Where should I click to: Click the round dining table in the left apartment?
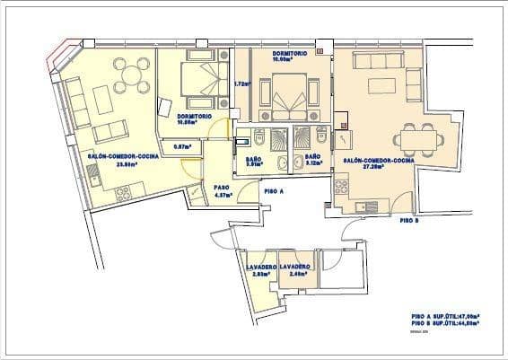click(131, 75)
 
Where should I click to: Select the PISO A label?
click(274, 191)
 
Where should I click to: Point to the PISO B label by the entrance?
click(408, 220)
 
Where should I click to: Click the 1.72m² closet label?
click(241, 84)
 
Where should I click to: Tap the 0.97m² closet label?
click(182, 145)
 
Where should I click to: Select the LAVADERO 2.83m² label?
click(261, 270)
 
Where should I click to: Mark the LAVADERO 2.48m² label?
click(294, 270)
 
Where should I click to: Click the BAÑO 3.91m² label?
click(253, 162)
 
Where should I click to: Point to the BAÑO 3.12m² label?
click(313, 162)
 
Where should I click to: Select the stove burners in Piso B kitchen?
click(341, 187)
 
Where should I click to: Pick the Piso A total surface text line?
click(444, 316)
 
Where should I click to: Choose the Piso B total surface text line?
click(444, 323)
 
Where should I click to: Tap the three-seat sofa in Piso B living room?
click(377, 61)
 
